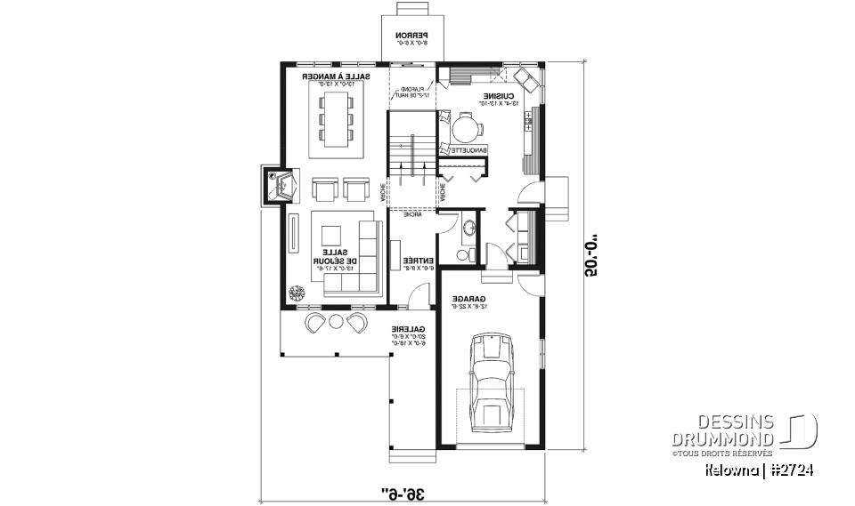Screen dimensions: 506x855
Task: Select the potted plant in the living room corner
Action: (295, 293)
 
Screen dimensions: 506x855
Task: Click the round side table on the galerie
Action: (337, 321)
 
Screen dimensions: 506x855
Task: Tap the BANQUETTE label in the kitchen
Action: (466, 150)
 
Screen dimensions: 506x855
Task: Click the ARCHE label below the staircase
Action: (411, 214)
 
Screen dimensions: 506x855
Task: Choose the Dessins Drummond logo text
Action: (723, 430)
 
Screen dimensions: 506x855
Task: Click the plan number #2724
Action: (790, 469)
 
